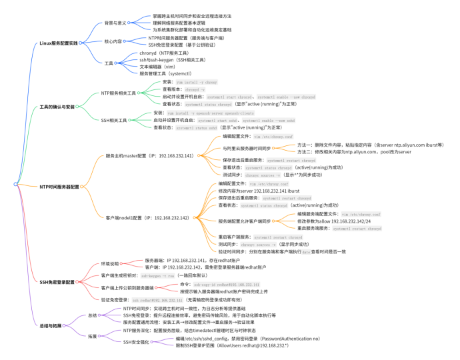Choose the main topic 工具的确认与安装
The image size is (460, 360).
(x=57, y=107)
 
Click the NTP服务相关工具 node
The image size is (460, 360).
(x=119, y=93)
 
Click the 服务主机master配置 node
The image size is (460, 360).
(x=149, y=155)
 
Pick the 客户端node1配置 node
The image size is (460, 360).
(x=147, y=217)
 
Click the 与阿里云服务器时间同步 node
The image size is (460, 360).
(x=247, y=148)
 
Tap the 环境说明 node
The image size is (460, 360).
(x=113, y=263)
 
